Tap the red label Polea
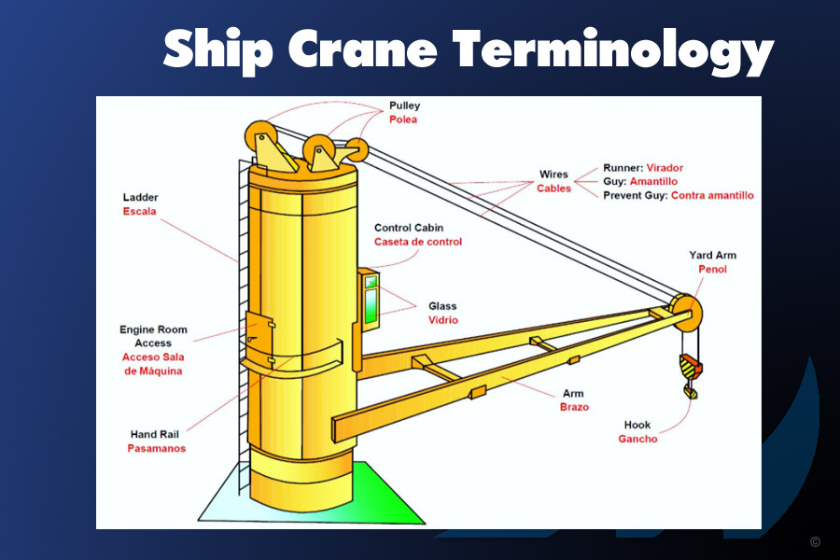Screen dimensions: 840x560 tap(403, 119)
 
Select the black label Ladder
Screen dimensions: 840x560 tap(140, 197)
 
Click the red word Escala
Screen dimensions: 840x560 tap(139, 211)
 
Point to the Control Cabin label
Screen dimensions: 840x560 tap(409, 228)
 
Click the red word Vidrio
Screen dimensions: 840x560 tap(443, 320)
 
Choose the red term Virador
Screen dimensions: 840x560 tap(665, 168)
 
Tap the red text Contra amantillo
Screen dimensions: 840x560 tap(712, 196)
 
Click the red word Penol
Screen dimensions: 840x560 tap(712, 269)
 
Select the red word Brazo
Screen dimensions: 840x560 tap(574, 407)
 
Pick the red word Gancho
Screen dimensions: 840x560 tap(637, 439)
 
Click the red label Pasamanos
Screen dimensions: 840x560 tap(157, 448)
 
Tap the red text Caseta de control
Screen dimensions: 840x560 tap(418, 242)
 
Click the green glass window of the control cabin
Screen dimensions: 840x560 tap(371, 305)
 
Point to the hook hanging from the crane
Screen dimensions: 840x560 tap(691, 375)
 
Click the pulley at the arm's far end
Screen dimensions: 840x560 tap(685, 313)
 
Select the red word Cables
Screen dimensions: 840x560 tap(553, 189)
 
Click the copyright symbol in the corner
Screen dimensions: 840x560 tap(816, 541)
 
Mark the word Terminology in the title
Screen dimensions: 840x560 tap(613, 52)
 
